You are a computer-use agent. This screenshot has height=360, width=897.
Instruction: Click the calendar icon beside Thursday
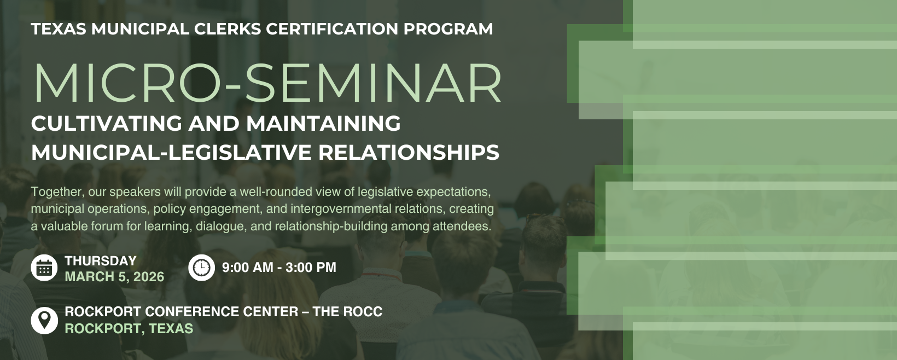click(x=44, y=268)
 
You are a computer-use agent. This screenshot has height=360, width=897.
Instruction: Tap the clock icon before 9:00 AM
click(x=201, y=268)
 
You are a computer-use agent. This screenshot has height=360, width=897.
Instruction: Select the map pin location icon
click(x=44, y=321)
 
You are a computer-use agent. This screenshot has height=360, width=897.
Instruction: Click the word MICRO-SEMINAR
click(x=267, y=83)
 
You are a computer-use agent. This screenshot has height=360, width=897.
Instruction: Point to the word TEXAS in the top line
click(x=59, y=29)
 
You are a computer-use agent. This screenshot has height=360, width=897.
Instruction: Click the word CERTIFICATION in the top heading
click(x=332, y=29)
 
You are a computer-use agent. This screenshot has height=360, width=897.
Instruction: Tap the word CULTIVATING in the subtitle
click(x=107, y=123)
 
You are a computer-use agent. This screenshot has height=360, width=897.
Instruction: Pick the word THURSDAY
click(x=101, y=260)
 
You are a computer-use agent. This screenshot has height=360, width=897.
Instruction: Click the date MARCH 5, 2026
click(x=114, y=277)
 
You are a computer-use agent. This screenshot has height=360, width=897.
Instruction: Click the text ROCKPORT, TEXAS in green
click(x=129, y=328)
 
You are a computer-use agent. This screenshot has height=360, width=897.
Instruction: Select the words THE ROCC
click(x=347, y=311)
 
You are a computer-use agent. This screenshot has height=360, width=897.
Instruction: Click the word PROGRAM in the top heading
click(x=448, y=29)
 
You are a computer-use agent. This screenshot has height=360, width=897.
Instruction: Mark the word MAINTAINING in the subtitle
click(x=323, y=123)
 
